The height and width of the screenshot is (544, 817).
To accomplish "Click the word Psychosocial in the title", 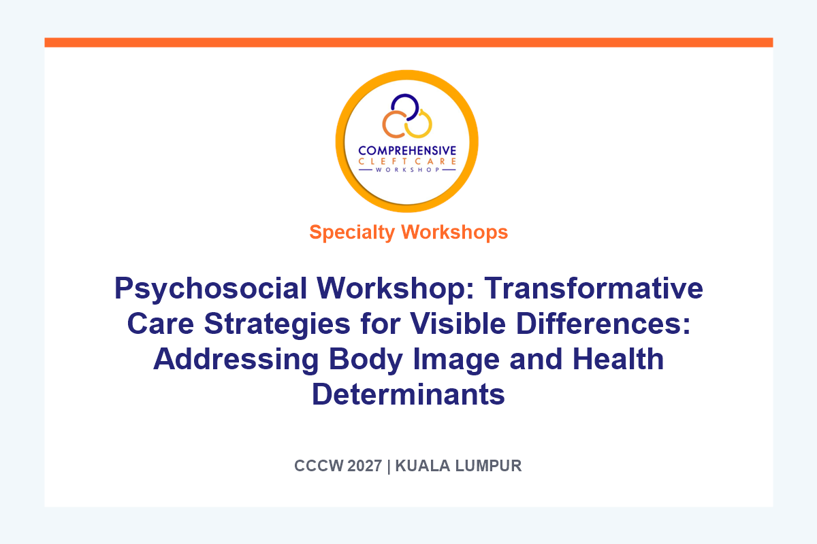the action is pos(210,289).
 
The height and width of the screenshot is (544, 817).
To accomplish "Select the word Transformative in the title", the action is pos(594,288).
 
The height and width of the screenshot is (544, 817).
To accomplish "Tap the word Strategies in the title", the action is pos(277,324).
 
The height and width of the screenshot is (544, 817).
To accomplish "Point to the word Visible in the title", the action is pos(458,323).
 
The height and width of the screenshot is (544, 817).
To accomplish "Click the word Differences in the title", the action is pos(603,323).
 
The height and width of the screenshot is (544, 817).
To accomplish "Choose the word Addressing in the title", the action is pos(236,360).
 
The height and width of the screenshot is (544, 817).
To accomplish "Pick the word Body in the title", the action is pos(366,360).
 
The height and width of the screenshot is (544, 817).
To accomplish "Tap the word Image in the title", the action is pos(456,360).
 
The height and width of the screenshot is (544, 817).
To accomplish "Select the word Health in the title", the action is pos(618,358).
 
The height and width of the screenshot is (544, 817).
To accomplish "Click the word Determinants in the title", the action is pos(408,394).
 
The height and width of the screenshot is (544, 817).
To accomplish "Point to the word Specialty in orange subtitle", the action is pos(352,233).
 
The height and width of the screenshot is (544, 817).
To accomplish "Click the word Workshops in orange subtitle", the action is pos(455,232).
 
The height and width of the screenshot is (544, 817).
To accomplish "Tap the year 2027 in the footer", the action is pos(365,466).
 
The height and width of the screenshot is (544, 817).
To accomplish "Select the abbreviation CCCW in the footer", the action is pos(319,466).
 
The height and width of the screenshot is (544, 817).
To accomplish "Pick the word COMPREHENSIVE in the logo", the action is pos(407,151).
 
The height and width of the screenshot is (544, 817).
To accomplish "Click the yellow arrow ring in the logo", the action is pos(430,124).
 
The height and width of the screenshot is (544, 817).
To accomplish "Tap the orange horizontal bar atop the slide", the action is pos(408,42).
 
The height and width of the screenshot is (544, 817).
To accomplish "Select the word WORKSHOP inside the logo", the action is pos(407,170).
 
